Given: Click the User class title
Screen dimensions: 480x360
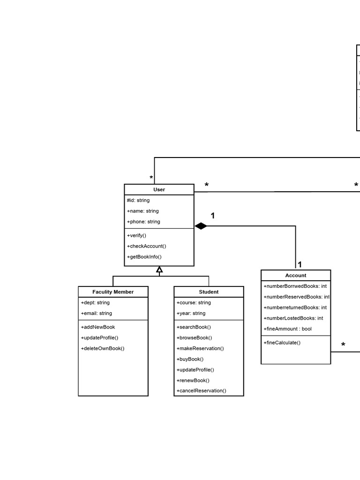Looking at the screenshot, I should point(159,190).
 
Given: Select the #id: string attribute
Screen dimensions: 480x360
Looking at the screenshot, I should point(138,201).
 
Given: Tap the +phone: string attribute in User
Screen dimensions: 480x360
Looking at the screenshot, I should point(143,222).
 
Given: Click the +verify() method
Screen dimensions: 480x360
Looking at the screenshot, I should point(136,235).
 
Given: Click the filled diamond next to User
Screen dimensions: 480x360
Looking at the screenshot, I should point(201,226).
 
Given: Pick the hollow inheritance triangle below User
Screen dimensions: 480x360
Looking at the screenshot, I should point(159,270).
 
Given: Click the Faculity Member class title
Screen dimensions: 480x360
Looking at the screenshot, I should point(113,292).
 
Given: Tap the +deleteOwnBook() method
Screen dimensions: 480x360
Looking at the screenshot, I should point(103,348).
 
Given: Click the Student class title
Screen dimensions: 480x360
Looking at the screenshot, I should point(209,292).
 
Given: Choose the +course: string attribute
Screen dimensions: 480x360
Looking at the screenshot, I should point(194,303).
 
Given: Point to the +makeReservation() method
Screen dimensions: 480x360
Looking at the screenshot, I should point(200,348).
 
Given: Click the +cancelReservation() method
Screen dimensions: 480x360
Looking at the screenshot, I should point(201,391).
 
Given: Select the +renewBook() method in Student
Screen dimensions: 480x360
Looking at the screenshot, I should point(193,381).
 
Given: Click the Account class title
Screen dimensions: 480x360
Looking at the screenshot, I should point(296,276).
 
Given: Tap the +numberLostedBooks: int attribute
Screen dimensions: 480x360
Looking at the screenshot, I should point(293,318).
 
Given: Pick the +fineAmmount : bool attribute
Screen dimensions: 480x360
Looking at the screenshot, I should point(287,329).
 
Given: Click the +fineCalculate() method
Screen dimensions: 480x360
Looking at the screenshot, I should point(282,343).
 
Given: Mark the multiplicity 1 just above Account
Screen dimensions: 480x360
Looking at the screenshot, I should point(300,264).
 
